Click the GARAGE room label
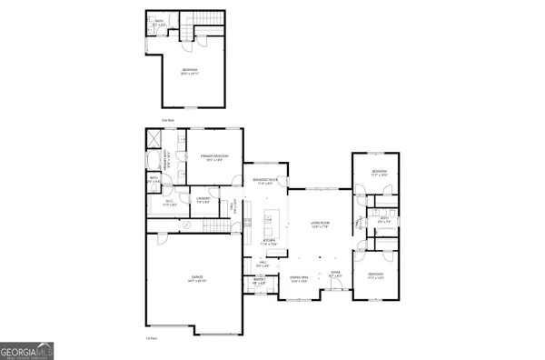pyautogui.click(x=196, y=277)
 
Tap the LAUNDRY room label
pyautogui.click(x=204, y=199)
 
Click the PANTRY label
pyautogui.click(x=258, y=283)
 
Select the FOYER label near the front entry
pyautogui.click(x=335, y=273)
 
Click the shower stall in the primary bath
pyautogui.click(x=154, y=138)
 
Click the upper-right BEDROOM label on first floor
pyautogui.click(x=380, y=173)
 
